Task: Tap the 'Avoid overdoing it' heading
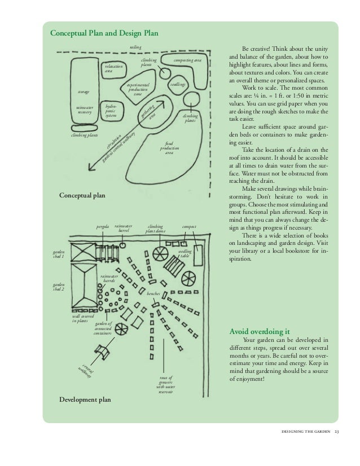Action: [257, 331]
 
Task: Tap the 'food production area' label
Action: [169, 148]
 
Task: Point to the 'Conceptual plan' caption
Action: [82, 195]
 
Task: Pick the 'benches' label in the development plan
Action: [153, 294]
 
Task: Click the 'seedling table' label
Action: [185, 252]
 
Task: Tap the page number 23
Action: [336, 432]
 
